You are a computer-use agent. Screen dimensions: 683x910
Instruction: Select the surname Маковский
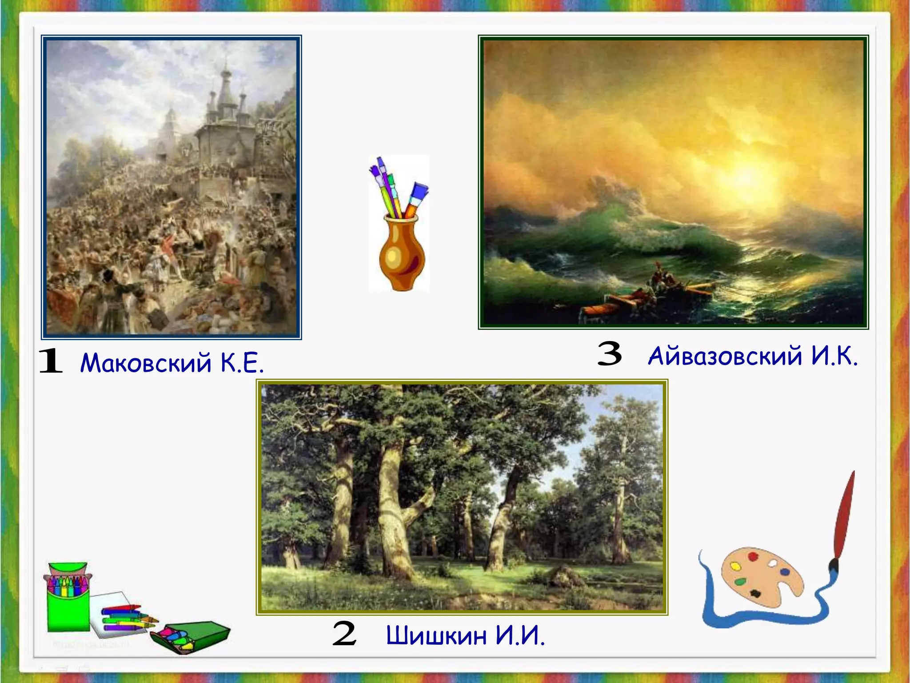point(145,362)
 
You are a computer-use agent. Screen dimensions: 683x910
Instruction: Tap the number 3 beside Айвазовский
point(609,354)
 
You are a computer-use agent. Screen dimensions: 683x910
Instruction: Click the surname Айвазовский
point(725,356)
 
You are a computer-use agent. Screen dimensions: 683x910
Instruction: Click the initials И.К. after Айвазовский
point(834,356)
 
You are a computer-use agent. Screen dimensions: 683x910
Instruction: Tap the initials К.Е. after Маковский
point(242,362)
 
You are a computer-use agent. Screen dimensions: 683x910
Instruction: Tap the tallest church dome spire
point(226,71)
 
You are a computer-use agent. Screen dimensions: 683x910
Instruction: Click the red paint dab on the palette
point(752,557)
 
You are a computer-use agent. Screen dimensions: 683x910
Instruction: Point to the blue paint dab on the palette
point(785,572)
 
